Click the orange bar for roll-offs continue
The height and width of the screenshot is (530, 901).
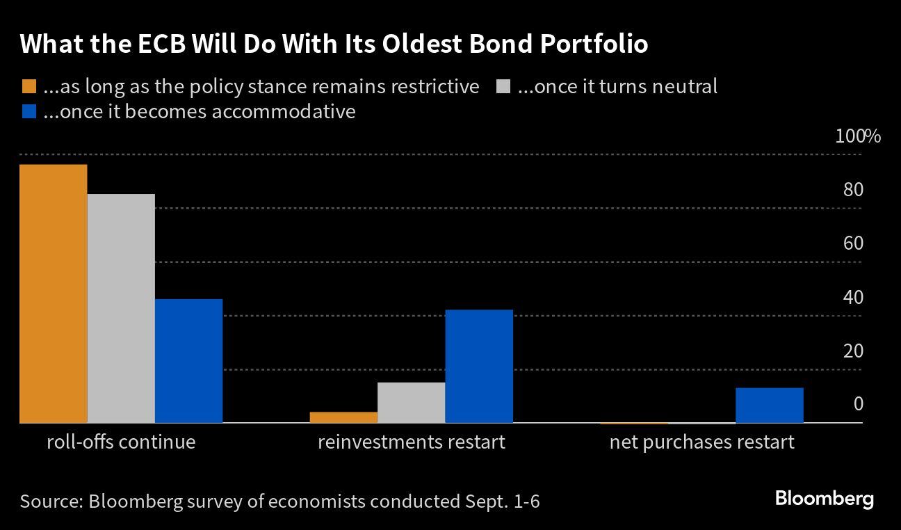pyautogui.click(x=54, y=294)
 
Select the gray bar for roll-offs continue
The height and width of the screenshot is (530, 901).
pyautogui.click(x=121, y=308)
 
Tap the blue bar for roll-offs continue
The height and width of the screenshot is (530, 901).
pyautogui.click(x=188, y=361)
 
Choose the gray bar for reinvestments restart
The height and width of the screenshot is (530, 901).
pyautogui.click(x=411, y=403)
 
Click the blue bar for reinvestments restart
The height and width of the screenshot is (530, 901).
pyautogui.click(x=479, y=366)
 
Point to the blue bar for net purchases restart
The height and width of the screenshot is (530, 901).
pyautogui.click(x=769, y=405)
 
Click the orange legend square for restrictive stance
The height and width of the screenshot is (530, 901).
pyautogui.click(x=29, y=87)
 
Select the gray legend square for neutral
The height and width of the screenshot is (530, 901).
pyautogui.click(x=503, y=87)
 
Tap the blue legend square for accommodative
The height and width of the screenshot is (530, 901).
pyautogui.click(x=29, y=112)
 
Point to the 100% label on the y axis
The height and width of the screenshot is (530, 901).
pyautogui.click(x=857, y=136)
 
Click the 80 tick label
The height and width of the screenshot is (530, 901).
pyautogui.click(x=853, y=190)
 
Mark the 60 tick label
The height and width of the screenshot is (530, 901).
pyautogui.click(x=853, y=243)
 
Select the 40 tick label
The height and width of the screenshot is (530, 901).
pyautogui.click(x=853, y=297)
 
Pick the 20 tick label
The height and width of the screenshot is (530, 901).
pyautogui.click(x=853, y=351)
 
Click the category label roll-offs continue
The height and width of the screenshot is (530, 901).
pyautogui.click(x=121, y=442)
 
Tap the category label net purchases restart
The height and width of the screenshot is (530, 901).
pyautogui.click(x=701, y=442)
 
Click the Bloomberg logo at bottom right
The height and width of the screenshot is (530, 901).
pyautogui.click(x=824, y=499)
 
